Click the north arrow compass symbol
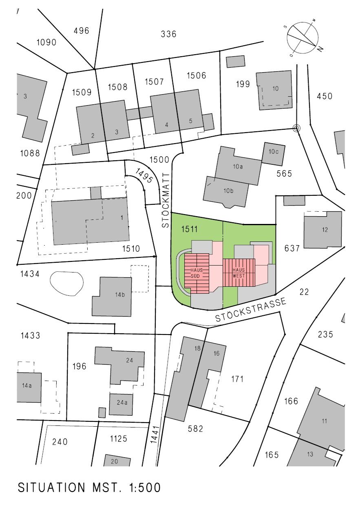tap(303, 37)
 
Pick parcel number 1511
tap(190, 230)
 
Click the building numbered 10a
tap(238, 166)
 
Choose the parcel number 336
tap(168, 34)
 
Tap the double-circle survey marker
tap(296, 128)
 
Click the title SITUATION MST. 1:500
tap(89, 487)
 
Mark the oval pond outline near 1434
tap(66, 283)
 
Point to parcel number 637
tap(293, 248)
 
